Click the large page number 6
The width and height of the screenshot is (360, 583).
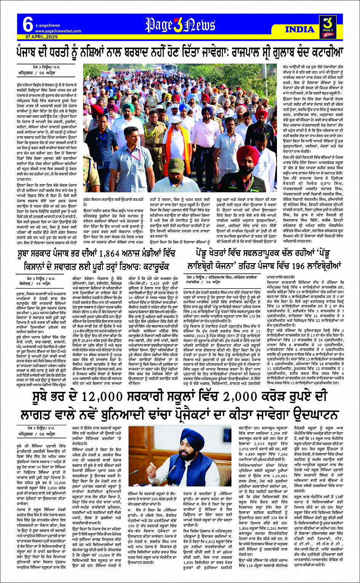(27, 25)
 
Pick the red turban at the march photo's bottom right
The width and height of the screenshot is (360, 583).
(248, 155)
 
